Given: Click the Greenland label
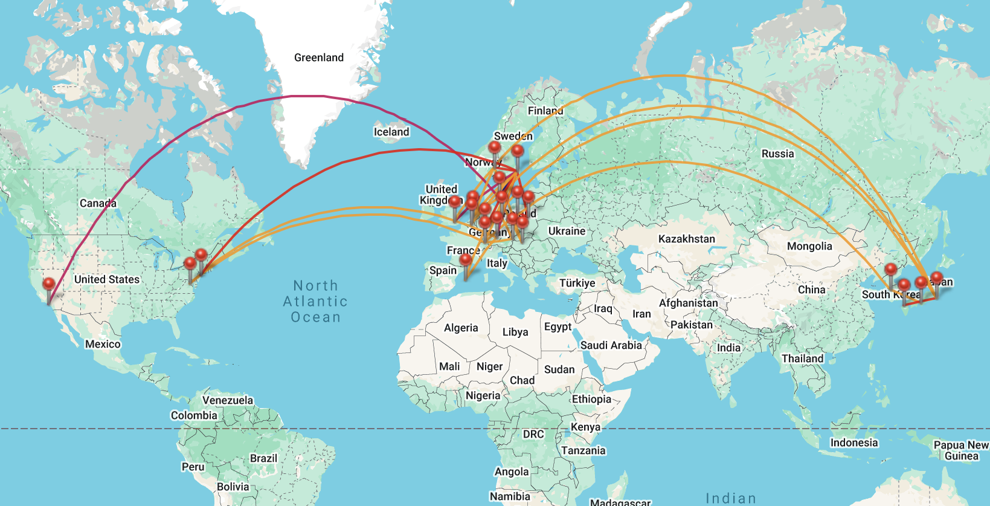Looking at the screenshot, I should click(x=318, y=57).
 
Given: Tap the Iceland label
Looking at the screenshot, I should click(x=391, y=132).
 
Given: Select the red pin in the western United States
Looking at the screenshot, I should click(x=49, y=285).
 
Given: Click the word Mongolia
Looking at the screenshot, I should click(x=809, y=246).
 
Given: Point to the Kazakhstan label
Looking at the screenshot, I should click(x=686, y=239).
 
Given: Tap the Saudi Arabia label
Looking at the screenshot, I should click(x=611, y=345).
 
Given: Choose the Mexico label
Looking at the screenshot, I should click(x=103, y=344).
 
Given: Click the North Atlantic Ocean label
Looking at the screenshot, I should click(x=315, y=301).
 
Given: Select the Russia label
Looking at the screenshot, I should click(x=777, y=154).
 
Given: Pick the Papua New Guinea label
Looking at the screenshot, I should click(x=960, y=450).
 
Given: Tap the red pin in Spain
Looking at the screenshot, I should click(x=466, y=261).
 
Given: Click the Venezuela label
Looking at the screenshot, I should click(x=227, y=400).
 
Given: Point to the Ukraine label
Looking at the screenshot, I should click(x=567, y=231).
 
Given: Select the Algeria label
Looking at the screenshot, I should click(x=461, y=328).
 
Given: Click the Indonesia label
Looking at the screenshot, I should click(x=853, y=443).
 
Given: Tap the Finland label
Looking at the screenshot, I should click(x=545, y=111).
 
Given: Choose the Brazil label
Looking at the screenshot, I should click(x=263, y=458).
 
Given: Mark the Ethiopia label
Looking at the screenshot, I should click(x=591, y=399).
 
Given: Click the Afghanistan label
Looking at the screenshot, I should click(x=688, y=303).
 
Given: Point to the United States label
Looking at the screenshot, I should click(x=106, y=279).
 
